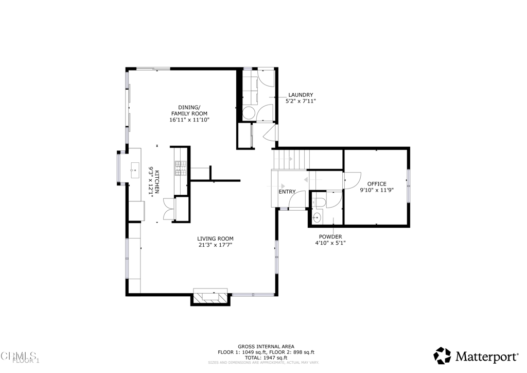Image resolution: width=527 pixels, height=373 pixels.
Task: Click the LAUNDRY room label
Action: [x=301, y=95]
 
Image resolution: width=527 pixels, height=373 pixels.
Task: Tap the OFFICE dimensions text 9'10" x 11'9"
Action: [x=377, y=190]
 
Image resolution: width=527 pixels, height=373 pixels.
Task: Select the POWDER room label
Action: [x=330, y=236]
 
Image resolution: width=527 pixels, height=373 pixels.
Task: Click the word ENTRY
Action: [x=287, y=192]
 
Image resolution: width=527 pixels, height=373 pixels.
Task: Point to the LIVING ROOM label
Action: [x=215, y=239]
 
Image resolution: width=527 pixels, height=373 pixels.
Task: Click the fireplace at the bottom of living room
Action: [x=210, y=297]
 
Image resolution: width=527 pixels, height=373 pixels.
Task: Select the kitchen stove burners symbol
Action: [x=181, y=167]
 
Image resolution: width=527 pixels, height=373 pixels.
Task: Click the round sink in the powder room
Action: [x=317, y=218]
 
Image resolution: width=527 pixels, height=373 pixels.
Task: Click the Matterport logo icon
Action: [x=442, y=355]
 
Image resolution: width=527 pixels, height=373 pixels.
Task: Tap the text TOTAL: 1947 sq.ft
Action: [x=266, y=357]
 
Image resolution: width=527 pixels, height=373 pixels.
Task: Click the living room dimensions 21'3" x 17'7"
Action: [x=215, y=245]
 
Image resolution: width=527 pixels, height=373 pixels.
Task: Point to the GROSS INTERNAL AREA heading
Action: [x=266, y=347]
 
